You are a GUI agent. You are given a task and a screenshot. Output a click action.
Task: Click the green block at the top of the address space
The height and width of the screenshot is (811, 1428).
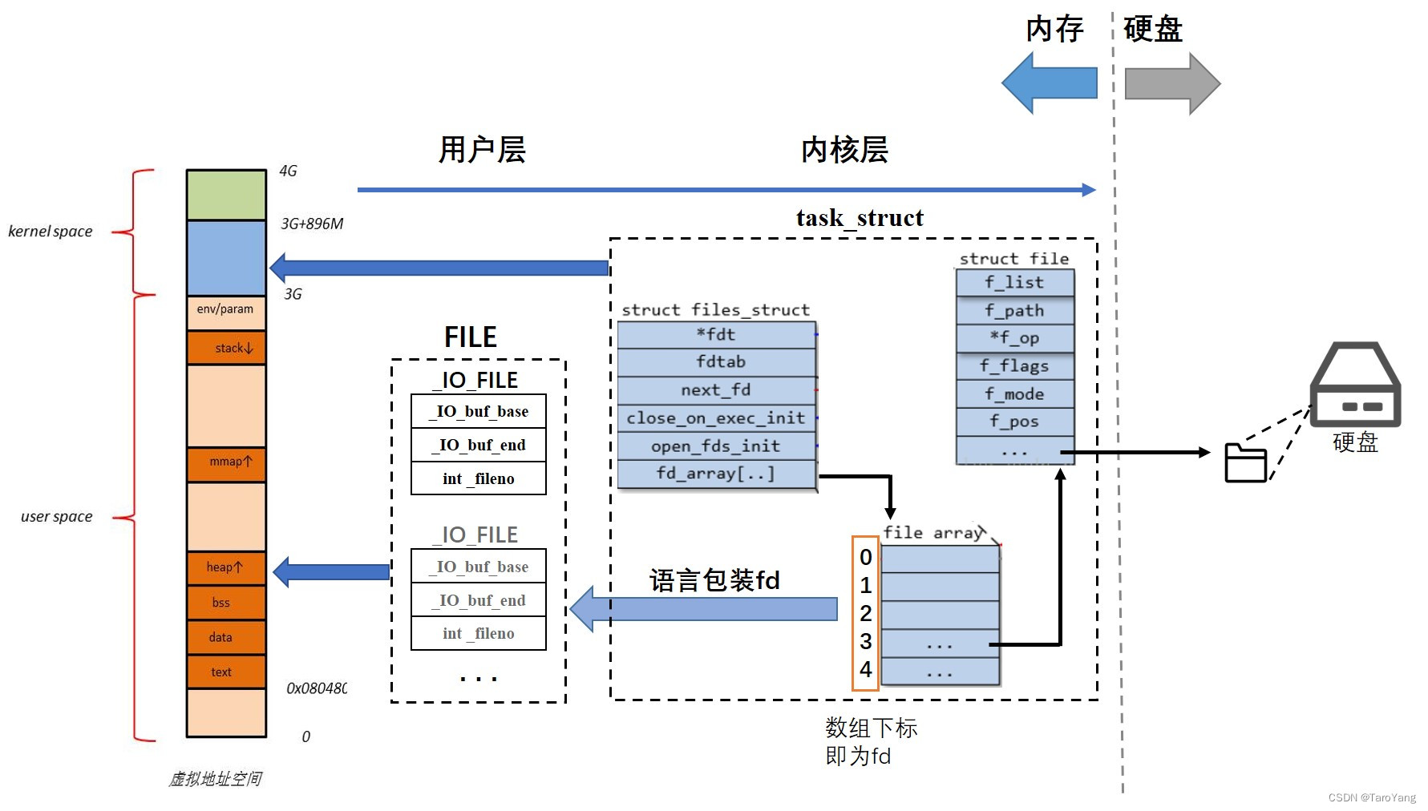point(226,195)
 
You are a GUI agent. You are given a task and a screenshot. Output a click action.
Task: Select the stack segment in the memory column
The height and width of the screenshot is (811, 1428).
point(226,348)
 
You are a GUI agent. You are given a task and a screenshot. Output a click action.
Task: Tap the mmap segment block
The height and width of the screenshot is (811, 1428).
point(226,462)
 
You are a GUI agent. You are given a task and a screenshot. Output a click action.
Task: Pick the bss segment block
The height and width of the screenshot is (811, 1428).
point(226,603)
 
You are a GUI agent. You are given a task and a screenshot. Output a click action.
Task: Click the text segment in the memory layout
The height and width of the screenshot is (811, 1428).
point(226,672)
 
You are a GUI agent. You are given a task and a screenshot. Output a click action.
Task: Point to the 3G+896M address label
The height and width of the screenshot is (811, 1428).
point(312,224)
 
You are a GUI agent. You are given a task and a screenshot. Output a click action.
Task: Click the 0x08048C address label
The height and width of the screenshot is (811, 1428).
point(317,688)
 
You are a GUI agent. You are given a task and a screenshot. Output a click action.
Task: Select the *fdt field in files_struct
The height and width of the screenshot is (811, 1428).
point(716,335)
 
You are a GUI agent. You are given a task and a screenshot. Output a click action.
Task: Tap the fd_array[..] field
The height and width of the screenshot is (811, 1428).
point(716,474)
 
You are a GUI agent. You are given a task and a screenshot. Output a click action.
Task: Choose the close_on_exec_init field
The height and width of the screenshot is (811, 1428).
point(716,418)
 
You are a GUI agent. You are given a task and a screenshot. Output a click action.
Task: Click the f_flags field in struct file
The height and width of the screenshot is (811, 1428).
point(1014,366)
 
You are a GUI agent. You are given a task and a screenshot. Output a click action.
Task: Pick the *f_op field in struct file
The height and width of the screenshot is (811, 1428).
point(1014,338)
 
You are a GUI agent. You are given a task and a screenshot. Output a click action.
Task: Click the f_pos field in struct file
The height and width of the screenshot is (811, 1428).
point(1014,422)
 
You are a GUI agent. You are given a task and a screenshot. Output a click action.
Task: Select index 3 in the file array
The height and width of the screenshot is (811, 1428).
point(865,642)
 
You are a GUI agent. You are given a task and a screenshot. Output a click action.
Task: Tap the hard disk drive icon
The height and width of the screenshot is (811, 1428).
point(1355,385)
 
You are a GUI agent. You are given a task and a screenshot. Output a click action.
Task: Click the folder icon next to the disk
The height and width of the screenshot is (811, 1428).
point(1245,462)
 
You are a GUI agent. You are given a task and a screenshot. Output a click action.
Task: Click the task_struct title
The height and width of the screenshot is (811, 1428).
point(860,218)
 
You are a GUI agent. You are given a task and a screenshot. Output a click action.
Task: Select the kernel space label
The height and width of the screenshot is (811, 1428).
point(51,232)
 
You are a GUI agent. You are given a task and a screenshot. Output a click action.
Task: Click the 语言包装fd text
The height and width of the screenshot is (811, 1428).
point(714,580)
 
